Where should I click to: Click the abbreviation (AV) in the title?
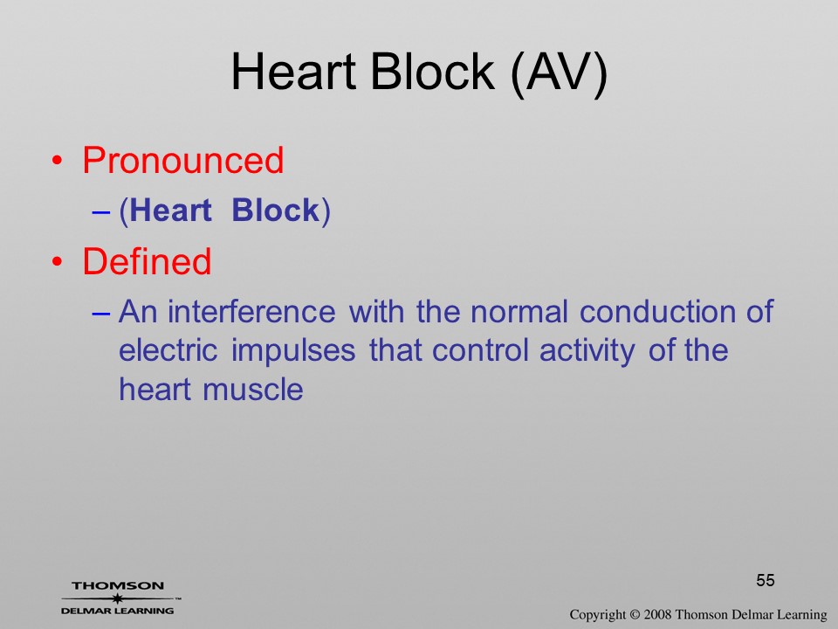[559, 73]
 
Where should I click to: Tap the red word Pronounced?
[182, 160]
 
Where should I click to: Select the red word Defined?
[147, 261]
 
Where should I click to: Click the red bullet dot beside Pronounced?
[58, 161]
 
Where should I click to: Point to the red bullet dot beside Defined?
[58, 261]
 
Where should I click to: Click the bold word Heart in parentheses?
[170, 211]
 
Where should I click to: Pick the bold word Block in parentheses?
[275, 211]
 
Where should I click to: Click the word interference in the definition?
[251, 312]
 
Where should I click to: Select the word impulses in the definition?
[293, 351]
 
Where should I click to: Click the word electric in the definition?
[168, 351]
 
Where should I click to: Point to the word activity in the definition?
[587, 351]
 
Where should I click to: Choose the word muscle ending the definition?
[253, 390]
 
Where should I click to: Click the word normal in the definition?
[519, 312]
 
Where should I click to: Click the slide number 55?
[766, 580]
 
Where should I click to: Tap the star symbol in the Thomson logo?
[117, 598]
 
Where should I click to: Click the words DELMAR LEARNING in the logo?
[118, 611]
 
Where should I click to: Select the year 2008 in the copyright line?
[658, 614]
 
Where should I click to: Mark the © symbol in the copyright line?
[635, 614]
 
